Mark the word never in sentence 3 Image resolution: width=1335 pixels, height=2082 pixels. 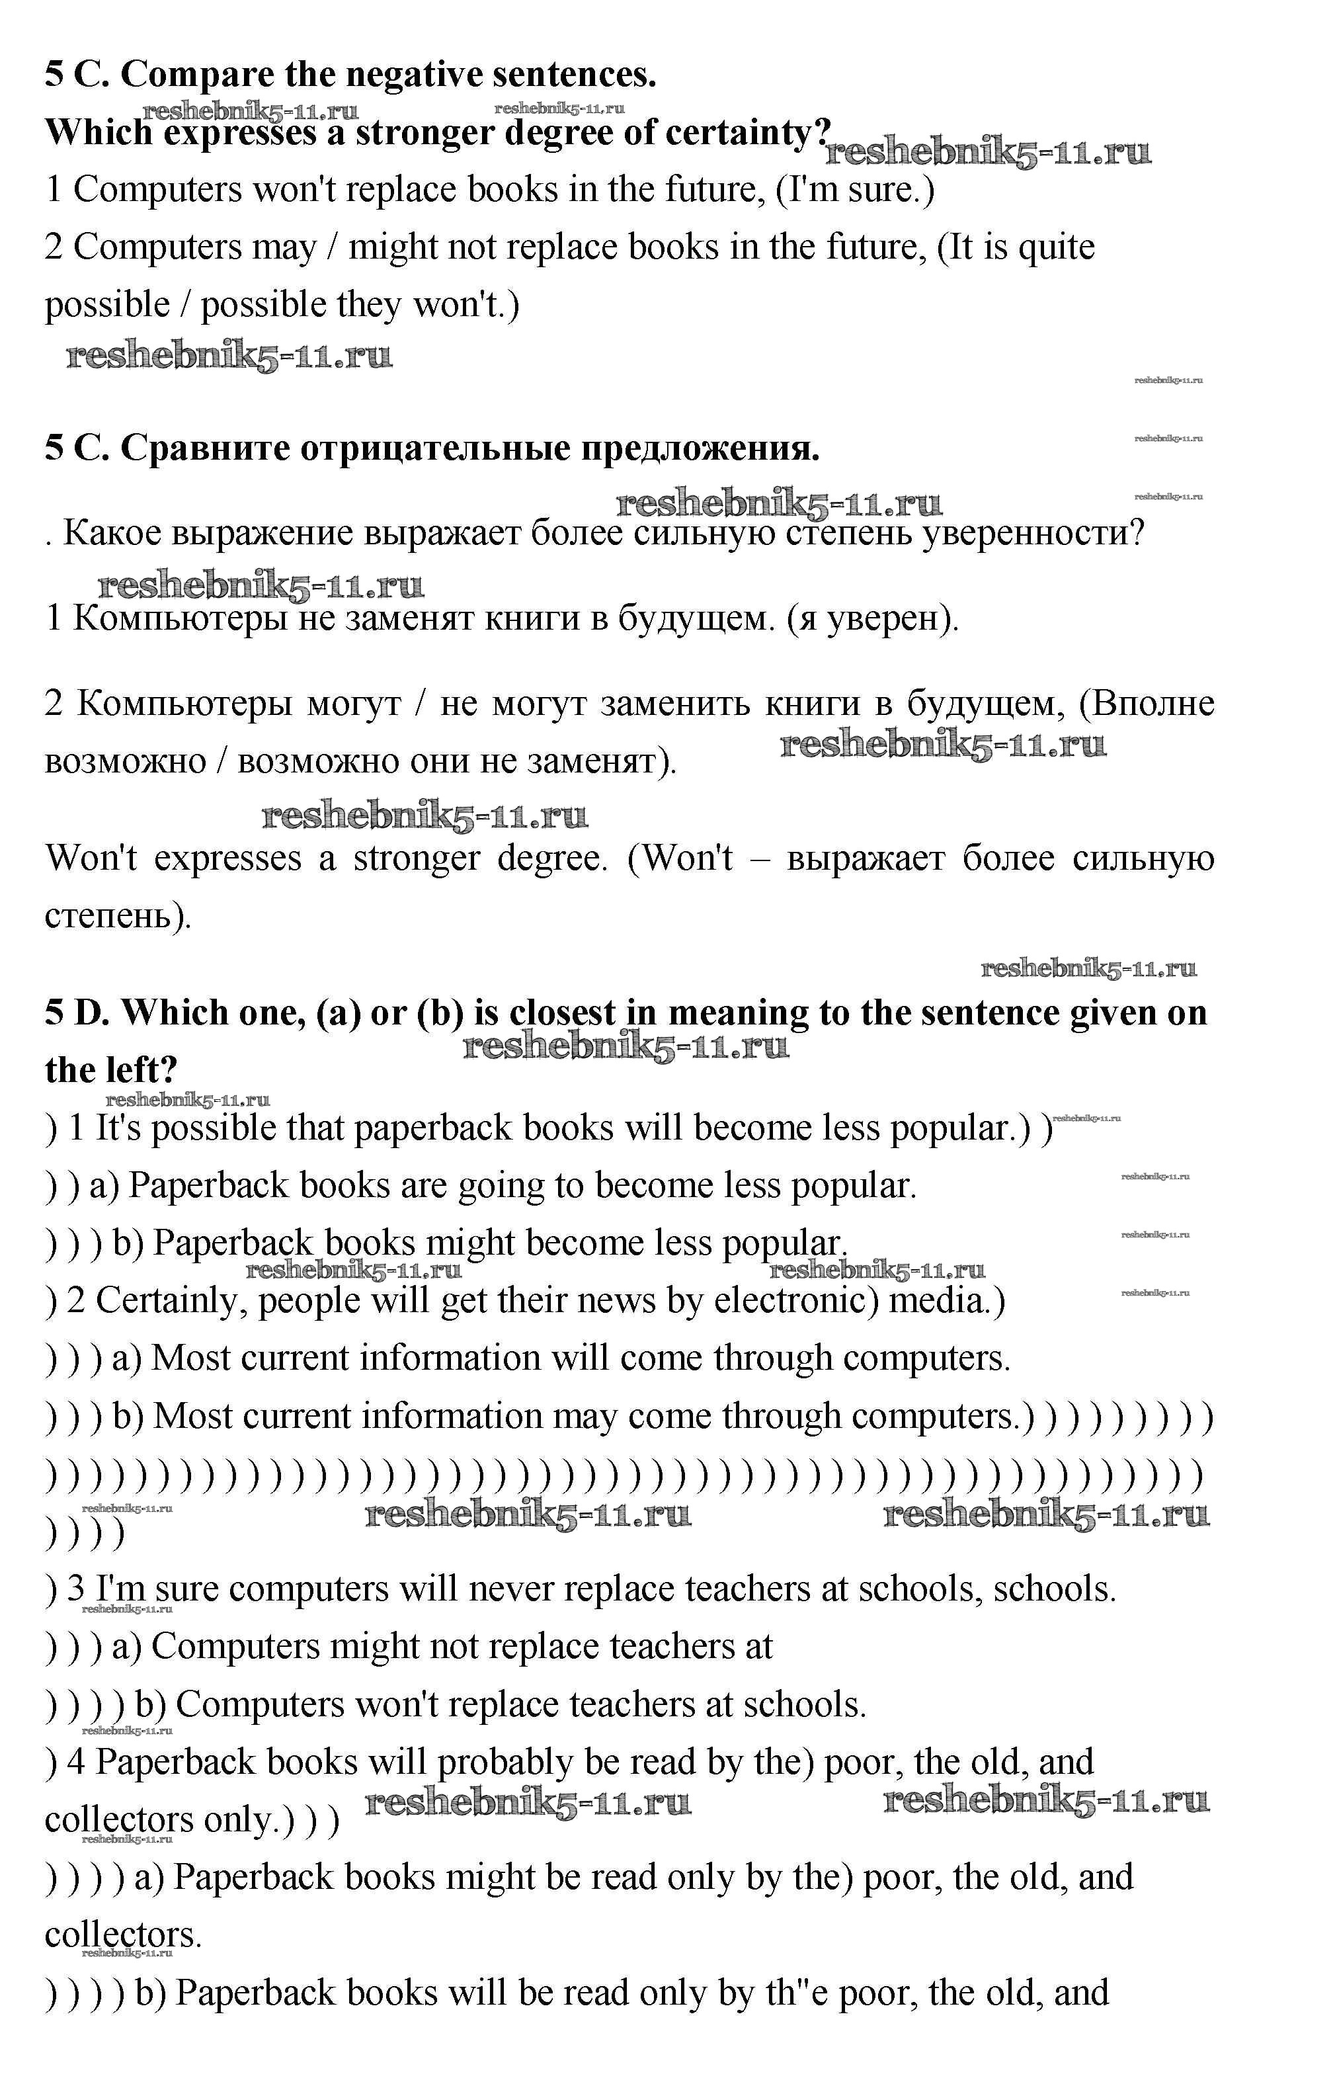pyautogui.click(x=510, y=1589)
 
